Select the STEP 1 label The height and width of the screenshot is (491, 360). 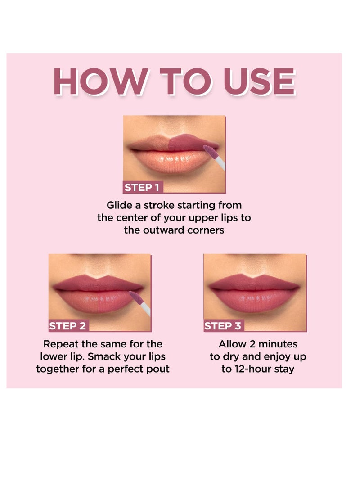click(x=141, y=188)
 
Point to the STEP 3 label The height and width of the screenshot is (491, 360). click(x=223, y=326)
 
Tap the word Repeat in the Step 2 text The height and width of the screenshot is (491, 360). click(x=60, y=344)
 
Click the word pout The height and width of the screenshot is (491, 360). click(x=158, y=369)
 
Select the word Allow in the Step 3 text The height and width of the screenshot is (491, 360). click(x=231, y=344)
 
